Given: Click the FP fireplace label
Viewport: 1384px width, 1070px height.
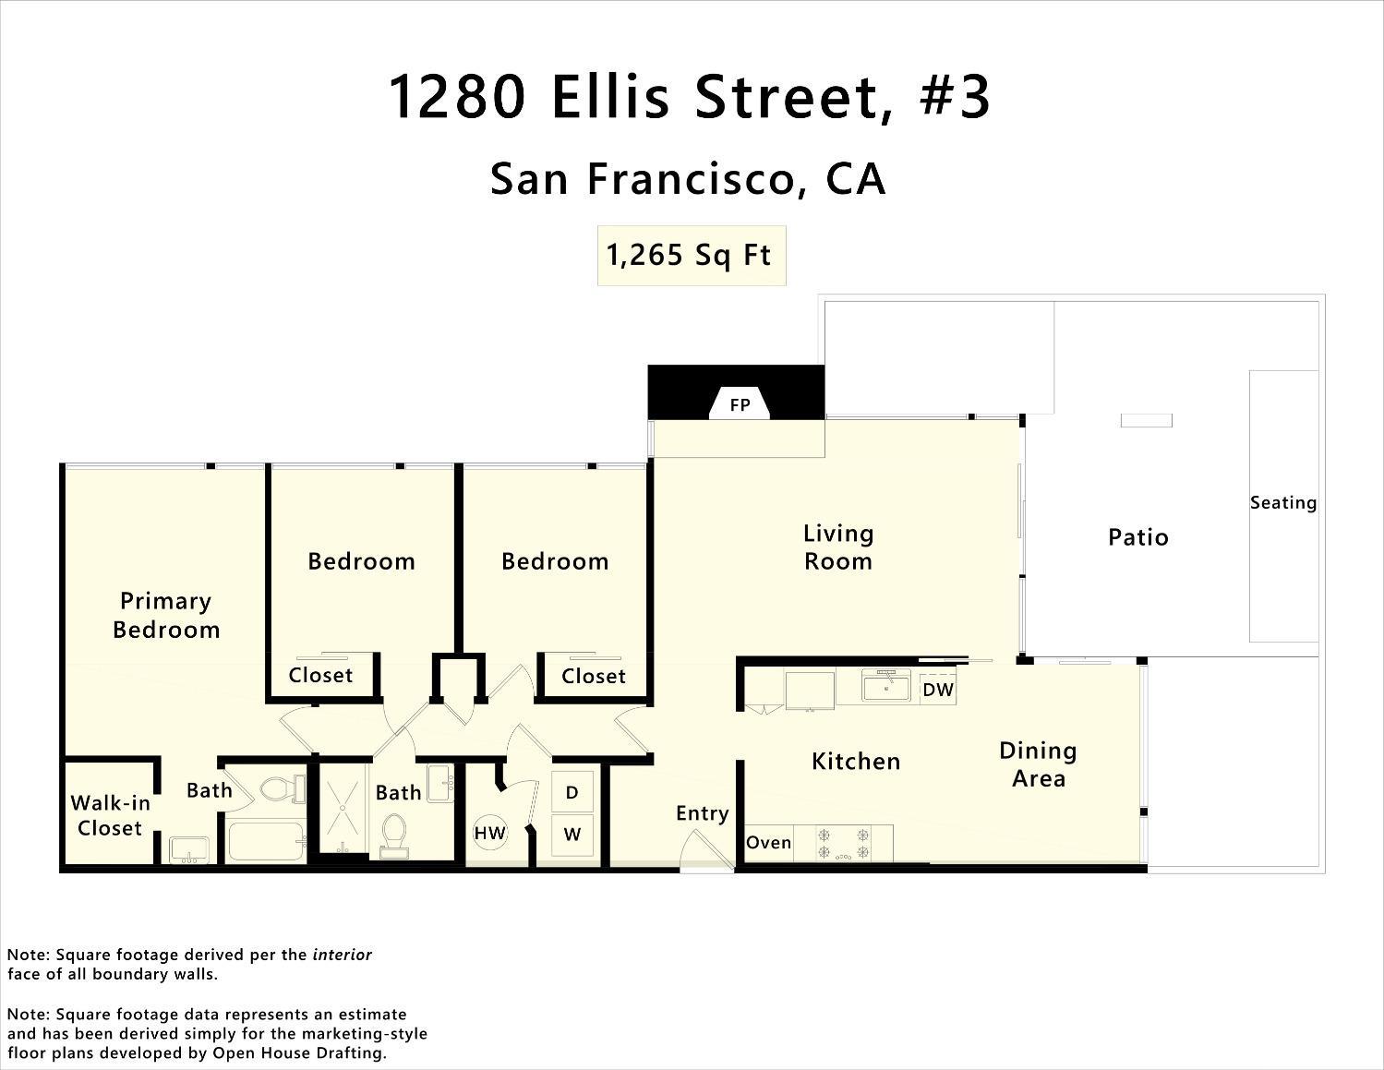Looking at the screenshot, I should coord(740,404).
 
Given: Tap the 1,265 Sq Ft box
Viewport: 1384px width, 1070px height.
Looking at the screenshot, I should coord(691,255).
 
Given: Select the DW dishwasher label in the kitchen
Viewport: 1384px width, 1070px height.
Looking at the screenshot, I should coord(937,690).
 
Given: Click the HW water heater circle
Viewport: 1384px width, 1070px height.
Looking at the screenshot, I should coord(489,833).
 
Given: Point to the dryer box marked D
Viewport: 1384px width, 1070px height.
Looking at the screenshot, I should coord(572,792).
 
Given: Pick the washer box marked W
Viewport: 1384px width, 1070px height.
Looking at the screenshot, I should coord(572,834).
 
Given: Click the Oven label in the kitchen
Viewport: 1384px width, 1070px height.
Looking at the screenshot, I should coord(768,842).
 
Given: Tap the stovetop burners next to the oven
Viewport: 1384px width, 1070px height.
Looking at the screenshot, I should coord(844,843).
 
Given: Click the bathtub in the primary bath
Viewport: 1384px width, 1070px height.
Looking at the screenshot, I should coord(266,842).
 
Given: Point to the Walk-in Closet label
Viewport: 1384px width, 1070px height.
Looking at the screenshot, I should coord(110,815).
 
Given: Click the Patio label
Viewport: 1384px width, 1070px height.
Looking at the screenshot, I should coord(1137,537).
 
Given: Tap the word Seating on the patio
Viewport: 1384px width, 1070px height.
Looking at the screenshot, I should coord(1282,503).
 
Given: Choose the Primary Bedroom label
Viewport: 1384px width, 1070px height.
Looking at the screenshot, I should coord(166,615).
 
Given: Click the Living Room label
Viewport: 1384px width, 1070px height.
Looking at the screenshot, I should coord(837,547).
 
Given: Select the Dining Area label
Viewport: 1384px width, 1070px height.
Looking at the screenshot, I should coord(1038,764).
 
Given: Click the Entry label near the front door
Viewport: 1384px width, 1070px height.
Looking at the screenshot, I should coord(702,813).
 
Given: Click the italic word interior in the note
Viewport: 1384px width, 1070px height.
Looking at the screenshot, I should coord(342,955).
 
